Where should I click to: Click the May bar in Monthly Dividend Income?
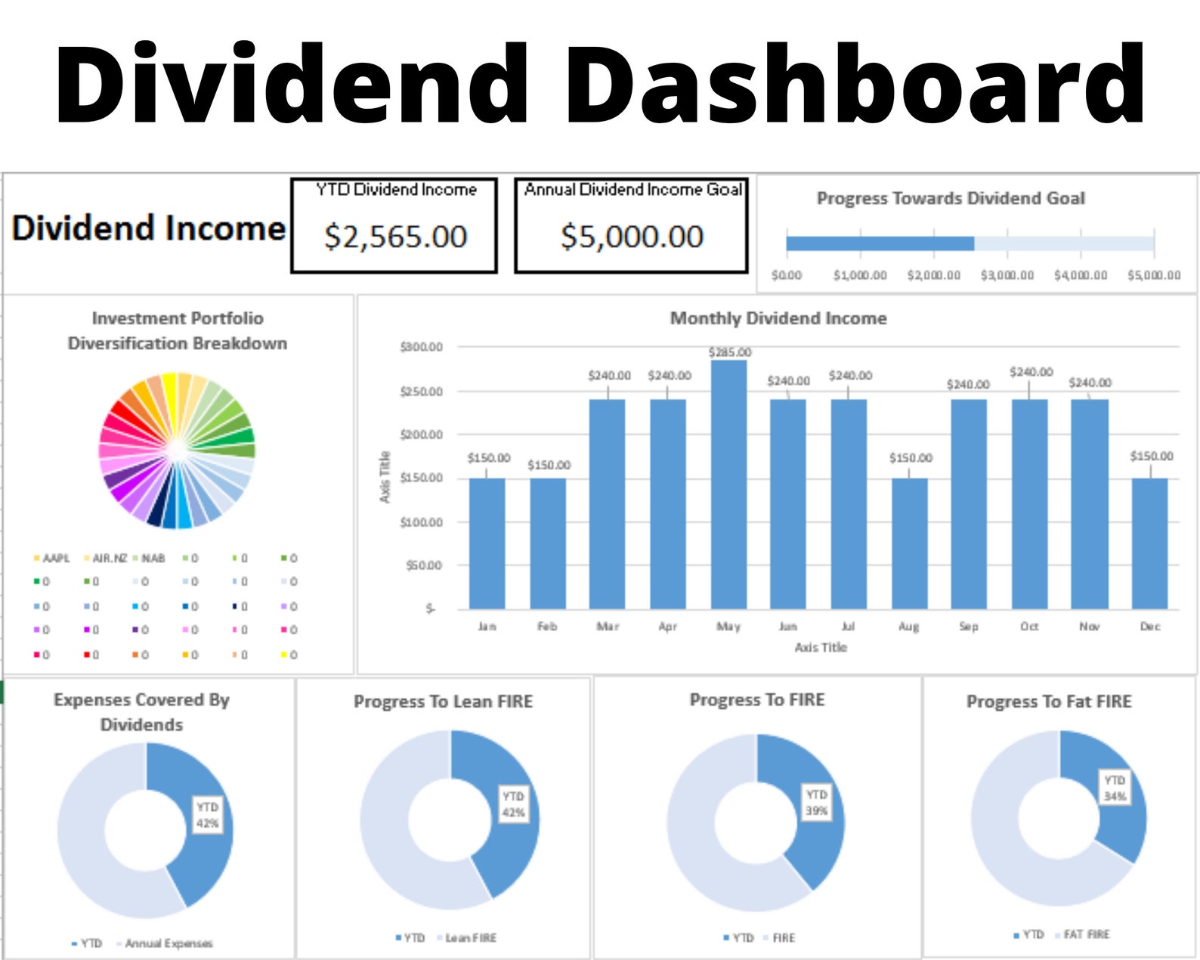click(x=728, y=484)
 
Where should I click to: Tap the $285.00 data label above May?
click(x=730, y=352)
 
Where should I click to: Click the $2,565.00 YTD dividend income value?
click(x=395, y=237)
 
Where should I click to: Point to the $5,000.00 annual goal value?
click(x=632, y=237)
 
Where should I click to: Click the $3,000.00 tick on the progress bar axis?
click(x=1007, y=275)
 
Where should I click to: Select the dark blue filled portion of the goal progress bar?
click(x=880, y=243)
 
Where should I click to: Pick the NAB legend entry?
click(x=152, y=558)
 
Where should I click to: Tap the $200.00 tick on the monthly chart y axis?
click(x=421, y=435)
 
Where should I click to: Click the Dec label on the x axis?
click(x=1149, y=627)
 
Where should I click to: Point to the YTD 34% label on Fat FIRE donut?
click(x=1115, y=788)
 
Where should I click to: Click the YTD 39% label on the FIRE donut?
click(x=816, y=803)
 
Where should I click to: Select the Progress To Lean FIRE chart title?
click(x=443, y=701)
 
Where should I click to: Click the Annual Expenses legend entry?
click(x=168, y=943)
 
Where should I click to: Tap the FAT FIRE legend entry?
click(x=1086, y=934)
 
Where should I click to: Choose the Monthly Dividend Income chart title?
click(x=778, y=318)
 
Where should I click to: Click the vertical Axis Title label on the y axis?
click(x=385, y=477)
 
